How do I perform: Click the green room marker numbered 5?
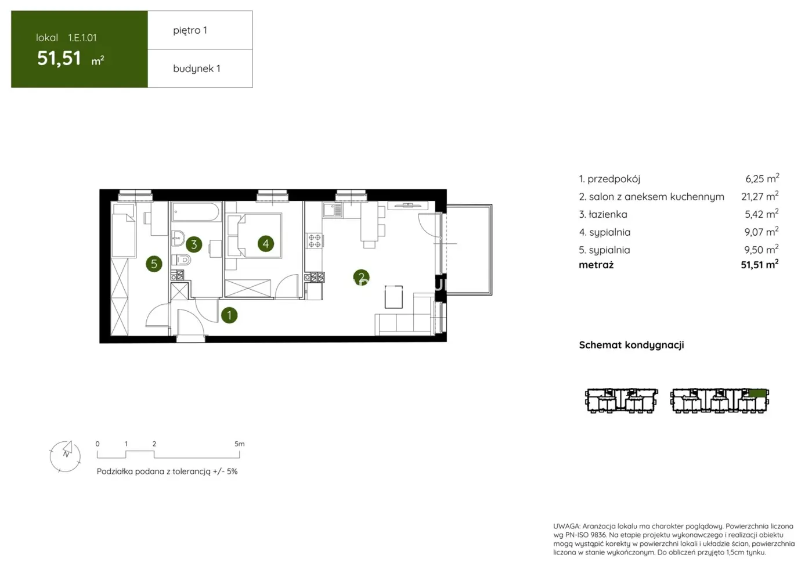[154, 264]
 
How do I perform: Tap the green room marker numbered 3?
[194, 244]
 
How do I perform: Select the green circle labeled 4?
[266, 244]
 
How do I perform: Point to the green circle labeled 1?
[229, 315]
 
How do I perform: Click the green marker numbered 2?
[361, 278]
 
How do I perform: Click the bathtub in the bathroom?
[196, 212]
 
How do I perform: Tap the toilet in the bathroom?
[182, 260]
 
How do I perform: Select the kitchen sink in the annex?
[333, 210]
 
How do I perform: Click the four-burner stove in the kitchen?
[315, 240]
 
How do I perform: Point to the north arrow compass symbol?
[65, 455]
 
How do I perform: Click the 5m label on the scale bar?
[239, 444]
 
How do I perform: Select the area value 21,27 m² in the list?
[759, 197]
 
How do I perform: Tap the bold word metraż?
[596, 265]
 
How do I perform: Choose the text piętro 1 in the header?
[190, 30]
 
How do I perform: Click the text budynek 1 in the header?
[196, 69]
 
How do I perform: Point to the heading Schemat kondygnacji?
[631, 345]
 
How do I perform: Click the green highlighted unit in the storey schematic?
[757, 394]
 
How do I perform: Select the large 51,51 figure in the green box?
[59, 58]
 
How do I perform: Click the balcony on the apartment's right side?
[469, 250]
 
